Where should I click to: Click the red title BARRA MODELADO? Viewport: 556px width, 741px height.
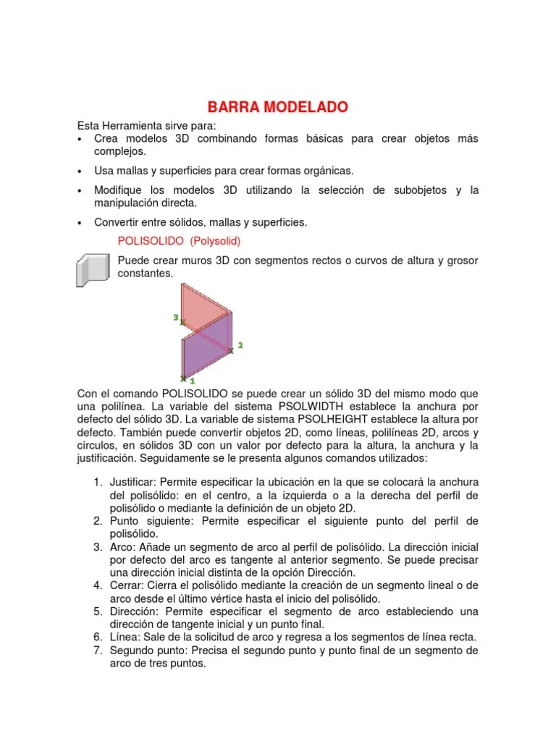coord(278,108)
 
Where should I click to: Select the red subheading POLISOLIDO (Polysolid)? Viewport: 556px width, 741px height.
coord(178,241)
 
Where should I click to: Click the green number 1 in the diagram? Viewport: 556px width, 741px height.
coord(193,379)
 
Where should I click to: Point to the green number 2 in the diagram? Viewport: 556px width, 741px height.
coord(240,346)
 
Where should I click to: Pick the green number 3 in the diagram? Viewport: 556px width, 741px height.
coord(175,317)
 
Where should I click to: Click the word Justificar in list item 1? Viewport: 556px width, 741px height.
coord(132,482)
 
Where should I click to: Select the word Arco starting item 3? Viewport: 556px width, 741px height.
coord(122,547)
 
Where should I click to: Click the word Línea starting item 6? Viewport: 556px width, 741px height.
coord(125,638)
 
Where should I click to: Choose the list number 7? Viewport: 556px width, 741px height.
coord(98,651)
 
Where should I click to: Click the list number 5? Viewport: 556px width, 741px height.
coord(98,612)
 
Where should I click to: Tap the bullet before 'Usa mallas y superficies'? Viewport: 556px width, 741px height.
coord(79,171)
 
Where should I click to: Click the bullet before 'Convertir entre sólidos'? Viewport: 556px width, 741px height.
coord(79,222)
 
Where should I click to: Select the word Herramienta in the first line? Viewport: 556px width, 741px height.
coord(136,125)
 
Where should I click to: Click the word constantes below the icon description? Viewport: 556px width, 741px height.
coord(145,274)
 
